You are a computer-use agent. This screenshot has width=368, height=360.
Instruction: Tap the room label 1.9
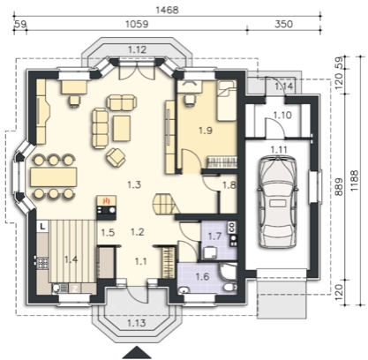(206, 131)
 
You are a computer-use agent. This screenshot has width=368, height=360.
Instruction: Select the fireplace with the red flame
(107, 207)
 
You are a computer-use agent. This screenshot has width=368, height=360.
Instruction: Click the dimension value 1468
(167, 10)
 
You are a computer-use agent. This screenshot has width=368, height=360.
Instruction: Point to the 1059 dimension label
(137, 24)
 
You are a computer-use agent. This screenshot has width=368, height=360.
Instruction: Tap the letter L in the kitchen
(43, 226)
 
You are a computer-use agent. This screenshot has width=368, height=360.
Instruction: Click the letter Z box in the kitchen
(75, 289)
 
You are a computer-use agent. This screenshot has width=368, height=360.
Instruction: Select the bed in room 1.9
(227, 101)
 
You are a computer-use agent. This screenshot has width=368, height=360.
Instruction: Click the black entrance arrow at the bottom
(136, 353)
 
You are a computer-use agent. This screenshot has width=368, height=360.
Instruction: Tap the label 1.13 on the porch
(137, 323)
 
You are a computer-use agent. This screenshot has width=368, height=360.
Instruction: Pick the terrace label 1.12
(138, 49)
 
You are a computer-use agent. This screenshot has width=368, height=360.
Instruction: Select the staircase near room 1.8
(166, 204)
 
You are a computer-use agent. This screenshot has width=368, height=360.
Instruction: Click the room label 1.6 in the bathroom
(203, 276)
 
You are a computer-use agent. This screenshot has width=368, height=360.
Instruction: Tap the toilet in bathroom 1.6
(229, 288)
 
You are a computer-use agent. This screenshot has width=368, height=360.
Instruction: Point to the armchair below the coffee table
(116, 156)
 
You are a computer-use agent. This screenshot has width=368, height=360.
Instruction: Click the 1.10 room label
(282, 115)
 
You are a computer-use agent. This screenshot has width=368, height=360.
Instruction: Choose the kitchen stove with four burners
(43, 263)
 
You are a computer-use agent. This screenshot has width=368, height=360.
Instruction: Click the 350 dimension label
(284, 24)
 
